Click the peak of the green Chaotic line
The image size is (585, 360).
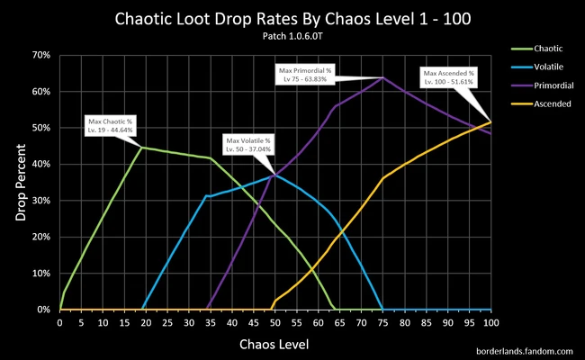(x=141, y=147)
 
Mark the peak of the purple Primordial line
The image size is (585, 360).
(x=383, y=77)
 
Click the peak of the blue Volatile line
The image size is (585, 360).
(x=275, y=175)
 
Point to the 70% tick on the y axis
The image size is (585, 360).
(x=42, y=55)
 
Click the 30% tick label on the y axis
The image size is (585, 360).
(x=42, y=201)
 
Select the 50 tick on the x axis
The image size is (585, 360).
(x=275, y=321)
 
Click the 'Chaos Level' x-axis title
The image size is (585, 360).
(x=275, y=344)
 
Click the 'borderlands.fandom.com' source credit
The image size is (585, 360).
(x=524, y=349)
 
